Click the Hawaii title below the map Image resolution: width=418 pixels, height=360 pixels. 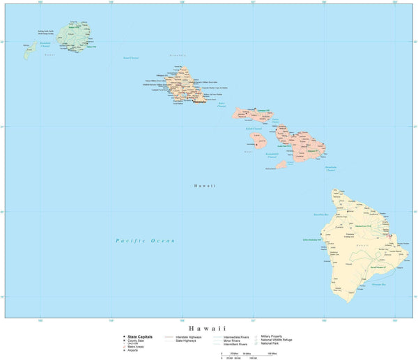[x=208, y=327]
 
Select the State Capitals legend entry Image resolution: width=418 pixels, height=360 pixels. [x=140, y=336]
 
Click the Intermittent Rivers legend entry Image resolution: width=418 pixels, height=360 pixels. [x=237, y=345]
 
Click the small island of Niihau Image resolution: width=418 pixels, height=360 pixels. [x=30, y=51]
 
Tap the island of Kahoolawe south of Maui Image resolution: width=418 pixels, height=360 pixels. [x=282, y=165]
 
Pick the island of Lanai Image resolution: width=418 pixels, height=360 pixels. [x=258, y=140]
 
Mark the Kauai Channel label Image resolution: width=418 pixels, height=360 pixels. [x=131, y=58]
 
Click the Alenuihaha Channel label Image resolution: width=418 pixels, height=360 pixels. [x=330, y=169]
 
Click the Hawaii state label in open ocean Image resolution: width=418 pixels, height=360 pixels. [x=205, y=186]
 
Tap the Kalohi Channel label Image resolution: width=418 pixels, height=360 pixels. [x=253, y=129]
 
